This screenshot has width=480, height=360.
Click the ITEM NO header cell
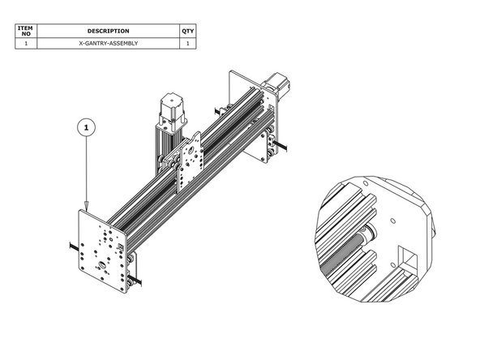point(27,31)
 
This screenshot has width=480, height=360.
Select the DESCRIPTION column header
point(109,31)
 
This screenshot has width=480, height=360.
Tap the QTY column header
point(188,31)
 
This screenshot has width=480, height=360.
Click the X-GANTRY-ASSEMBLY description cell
point(109,43)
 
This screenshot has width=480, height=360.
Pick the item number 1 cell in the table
point(27,43)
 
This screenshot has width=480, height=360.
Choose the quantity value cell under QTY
point(188,43)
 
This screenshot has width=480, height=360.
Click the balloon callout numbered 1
point(88,127)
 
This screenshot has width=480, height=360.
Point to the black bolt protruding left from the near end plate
point(72,245)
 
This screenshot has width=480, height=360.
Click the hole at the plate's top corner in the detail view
point(392,219)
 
